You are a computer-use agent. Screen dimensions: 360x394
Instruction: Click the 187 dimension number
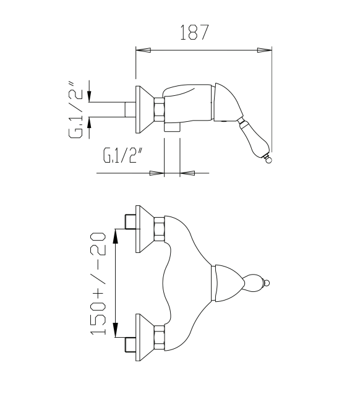click(194, 32)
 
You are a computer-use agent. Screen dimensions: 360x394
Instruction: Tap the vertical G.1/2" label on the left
click(75, 109)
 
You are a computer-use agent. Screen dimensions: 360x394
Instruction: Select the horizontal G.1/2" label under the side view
click(123, 155)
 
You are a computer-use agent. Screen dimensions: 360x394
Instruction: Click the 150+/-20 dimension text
click(98, 284)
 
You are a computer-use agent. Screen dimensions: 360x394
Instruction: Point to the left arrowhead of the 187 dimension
click(144, 50)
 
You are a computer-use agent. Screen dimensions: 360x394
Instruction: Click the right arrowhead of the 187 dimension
click(265, 50)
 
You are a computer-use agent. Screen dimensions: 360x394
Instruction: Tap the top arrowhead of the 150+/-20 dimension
click(115, 236)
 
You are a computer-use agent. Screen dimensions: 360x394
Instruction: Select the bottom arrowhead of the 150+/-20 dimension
click(115, 330)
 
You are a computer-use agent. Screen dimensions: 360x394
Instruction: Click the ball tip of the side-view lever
click(268, 160)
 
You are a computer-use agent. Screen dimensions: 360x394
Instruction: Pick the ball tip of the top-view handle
click(267, 283)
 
